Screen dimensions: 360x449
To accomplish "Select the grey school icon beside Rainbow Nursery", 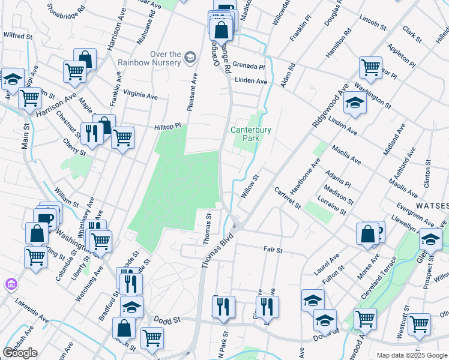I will [191, 57].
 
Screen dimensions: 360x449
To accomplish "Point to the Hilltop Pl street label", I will [167, 127].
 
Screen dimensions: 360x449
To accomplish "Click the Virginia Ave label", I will [140, 95].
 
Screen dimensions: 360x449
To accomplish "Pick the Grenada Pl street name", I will [249, 66].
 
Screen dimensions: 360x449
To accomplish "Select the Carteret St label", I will [288, 197].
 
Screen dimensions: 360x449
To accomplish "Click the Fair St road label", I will [273, 248].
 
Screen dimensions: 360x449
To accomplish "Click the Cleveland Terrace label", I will [379, 278].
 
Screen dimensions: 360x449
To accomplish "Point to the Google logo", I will [20, 353].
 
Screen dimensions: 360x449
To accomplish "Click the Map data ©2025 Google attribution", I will [412, 355].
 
